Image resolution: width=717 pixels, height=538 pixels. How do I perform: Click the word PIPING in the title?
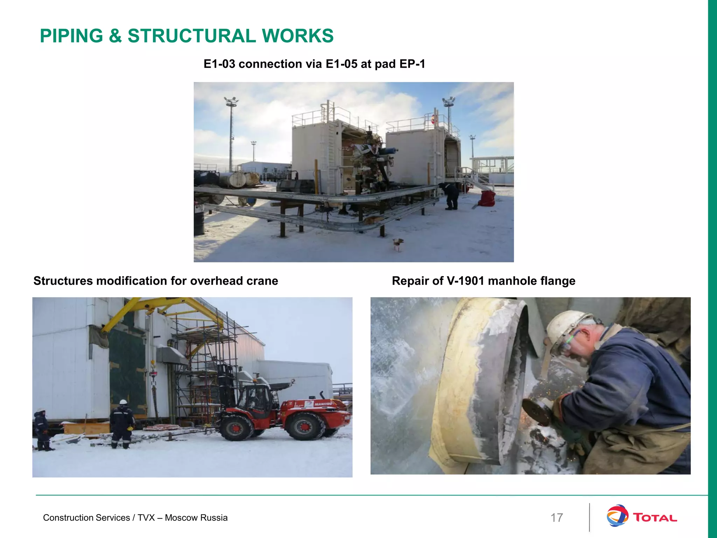coord(71,36)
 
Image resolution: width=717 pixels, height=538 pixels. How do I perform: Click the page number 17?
coord(557,518)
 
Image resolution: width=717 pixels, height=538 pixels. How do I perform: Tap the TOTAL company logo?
coord(641,518)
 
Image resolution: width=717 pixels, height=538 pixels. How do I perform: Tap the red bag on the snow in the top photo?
coord(487,199)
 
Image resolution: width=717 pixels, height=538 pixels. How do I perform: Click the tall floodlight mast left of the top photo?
coord(231,133)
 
